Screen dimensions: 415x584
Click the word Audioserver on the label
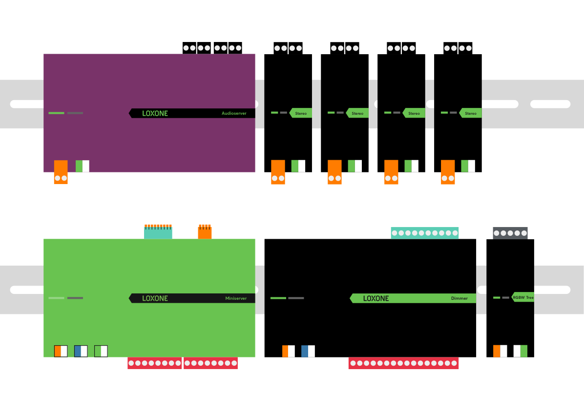click(234, 113)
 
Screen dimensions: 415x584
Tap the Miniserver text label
click(236, 298)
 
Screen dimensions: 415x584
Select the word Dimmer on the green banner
click(459, 298)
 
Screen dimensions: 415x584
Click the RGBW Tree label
click(523, 297)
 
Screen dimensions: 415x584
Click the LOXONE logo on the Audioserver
click(155, 113)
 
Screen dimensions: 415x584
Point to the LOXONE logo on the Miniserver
click(155, 298)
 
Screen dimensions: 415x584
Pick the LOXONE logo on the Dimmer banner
click(376, 298)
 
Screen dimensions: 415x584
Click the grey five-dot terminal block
click(510, 233)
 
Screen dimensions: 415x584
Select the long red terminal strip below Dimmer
click(403, 363)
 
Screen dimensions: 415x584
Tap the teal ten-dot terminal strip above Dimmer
click(424, 233)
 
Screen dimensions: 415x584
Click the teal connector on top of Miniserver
click(158, 232)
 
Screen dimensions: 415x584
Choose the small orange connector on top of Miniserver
click(205, 232)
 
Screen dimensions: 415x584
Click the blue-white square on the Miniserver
click(81, 351)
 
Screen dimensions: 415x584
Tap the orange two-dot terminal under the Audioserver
click(61, 172)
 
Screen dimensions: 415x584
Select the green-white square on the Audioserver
click(83, 166)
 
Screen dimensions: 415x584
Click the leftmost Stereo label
click(301, 113)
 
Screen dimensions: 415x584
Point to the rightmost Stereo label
click(470, 113)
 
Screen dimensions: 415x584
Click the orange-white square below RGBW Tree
click(500, 351)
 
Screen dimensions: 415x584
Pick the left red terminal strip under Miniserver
click(154, 363)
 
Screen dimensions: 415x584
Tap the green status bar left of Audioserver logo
click(56, 113)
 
